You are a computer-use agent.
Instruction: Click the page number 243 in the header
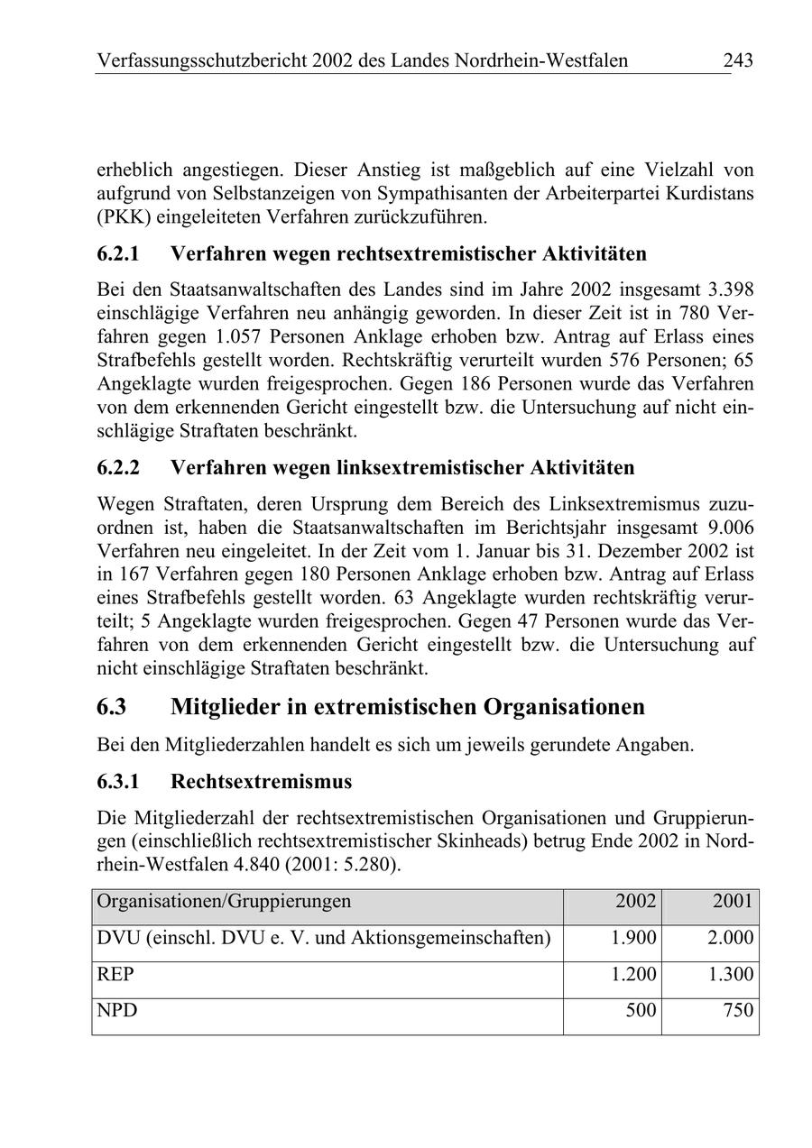[x=737, y=60]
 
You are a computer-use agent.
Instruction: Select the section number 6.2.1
[x=118, y=253]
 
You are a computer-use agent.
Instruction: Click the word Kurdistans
[x=709, y=193]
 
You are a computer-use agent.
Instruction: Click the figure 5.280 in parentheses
[x=362, y=865]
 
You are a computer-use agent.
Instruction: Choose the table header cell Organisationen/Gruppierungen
[x=224, y=901]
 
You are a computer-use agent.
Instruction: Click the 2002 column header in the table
[x=636, y=901]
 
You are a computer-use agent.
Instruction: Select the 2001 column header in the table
[x=733, y=901]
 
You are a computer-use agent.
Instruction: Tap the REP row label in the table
[x=115, y=975]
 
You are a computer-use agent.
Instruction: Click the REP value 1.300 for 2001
[x=731, y=975]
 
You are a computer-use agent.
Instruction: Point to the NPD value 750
[x=738, y=1011]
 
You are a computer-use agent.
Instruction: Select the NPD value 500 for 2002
[x=641, y=1011]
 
